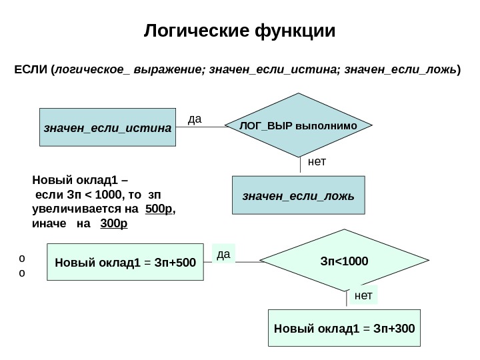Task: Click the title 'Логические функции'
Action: pyautogui.click(x=240, y=31)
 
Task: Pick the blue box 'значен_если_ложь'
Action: pyautogui.click(x=298, y=195)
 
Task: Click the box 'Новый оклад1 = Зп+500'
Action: pyautogui.click(x=125, y=261)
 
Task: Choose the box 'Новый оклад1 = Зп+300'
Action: pyautogui.click(x=344, y=328)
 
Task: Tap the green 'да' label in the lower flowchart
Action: pyautogui.click(x=223, y=253)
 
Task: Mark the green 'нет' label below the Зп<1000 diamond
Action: pyautogui.click(x=363, y=295)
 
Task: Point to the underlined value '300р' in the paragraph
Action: pyautogui.click(x=113, y=223)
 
